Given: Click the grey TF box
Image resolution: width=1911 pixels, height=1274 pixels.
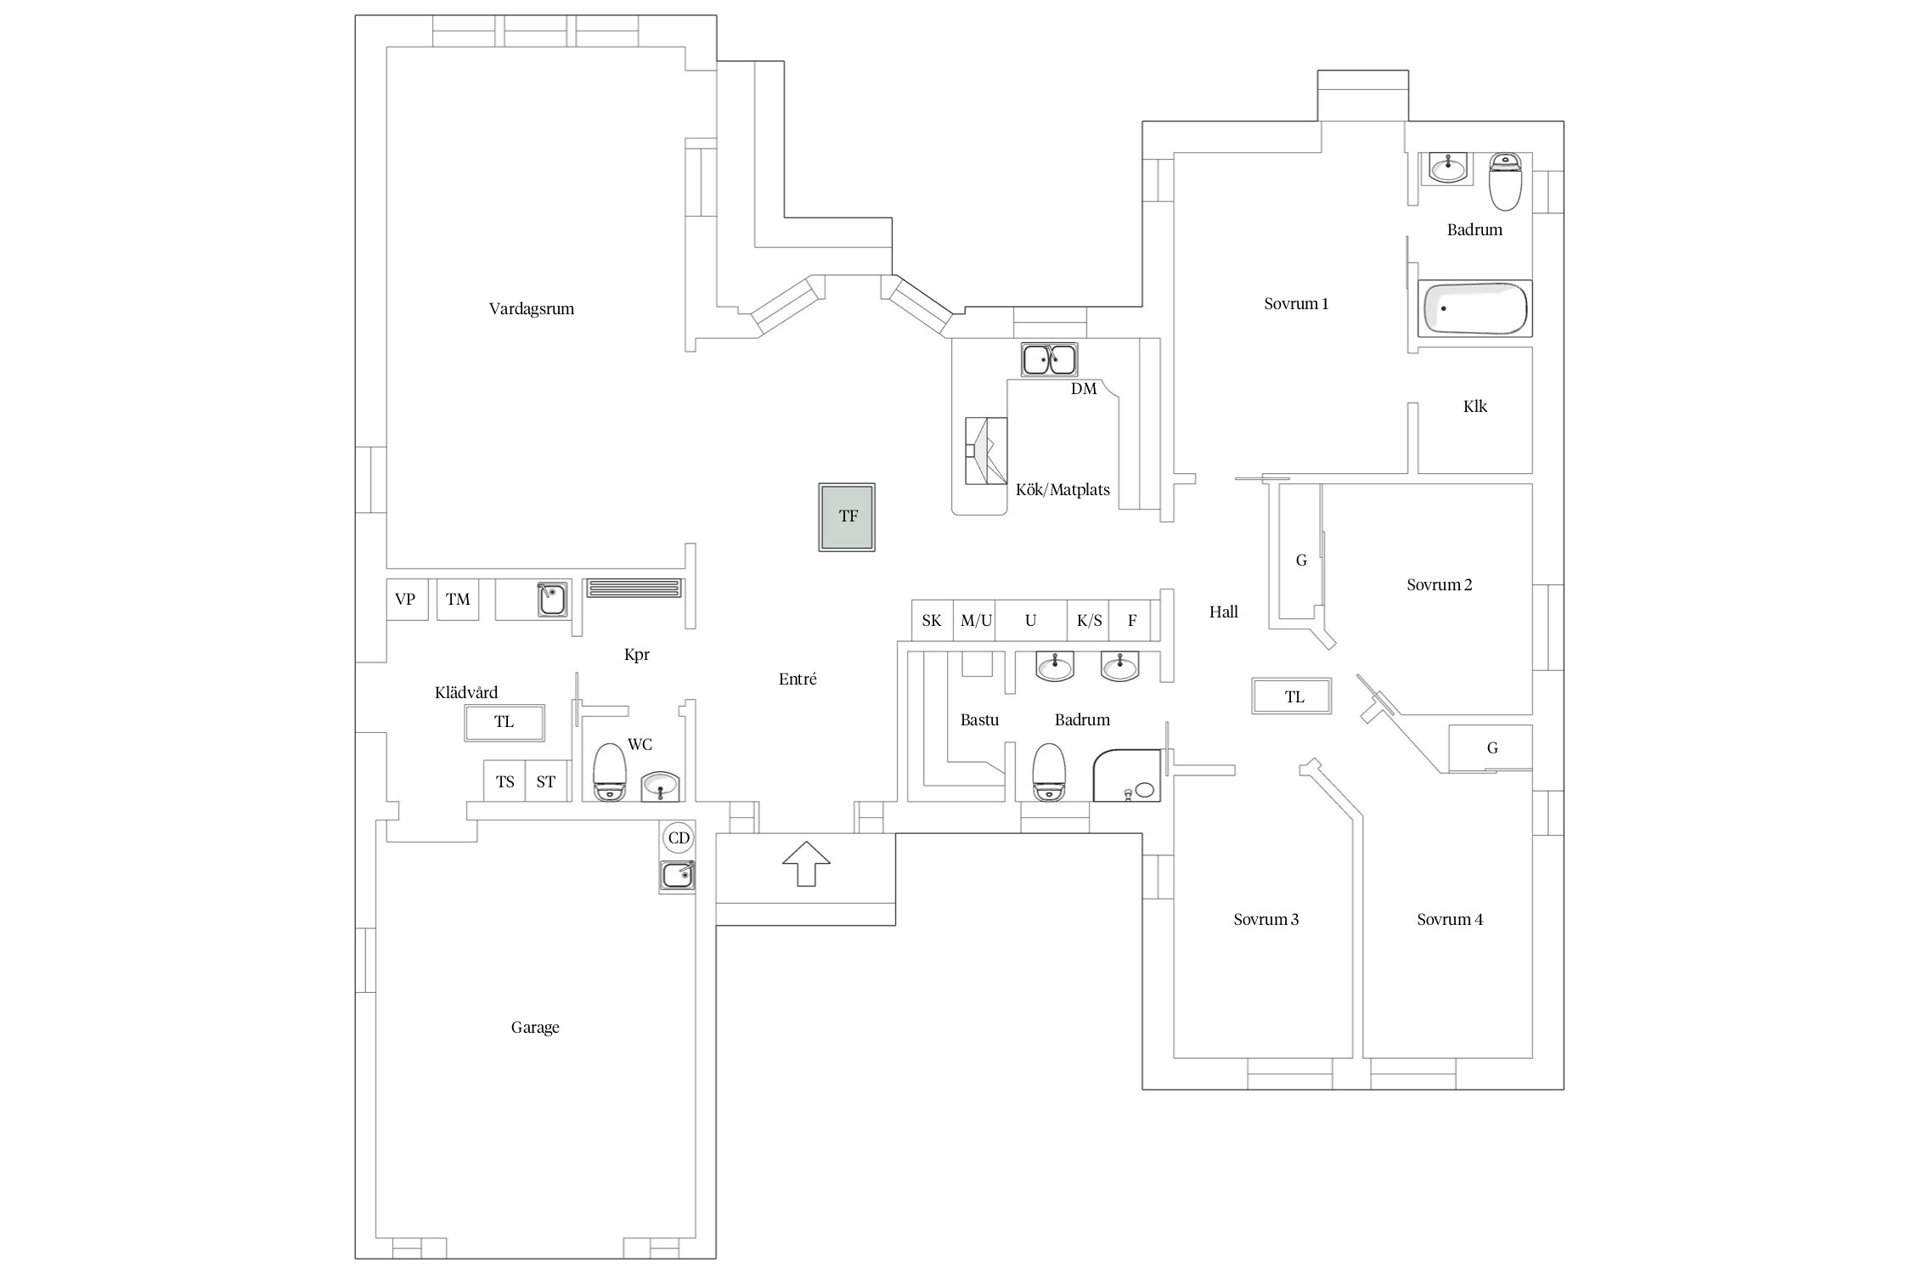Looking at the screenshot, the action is click(847, 517).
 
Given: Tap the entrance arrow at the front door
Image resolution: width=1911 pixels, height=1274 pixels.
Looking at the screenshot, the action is click(806, 863).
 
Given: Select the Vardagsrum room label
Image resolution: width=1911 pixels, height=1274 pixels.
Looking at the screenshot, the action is click(532, 309).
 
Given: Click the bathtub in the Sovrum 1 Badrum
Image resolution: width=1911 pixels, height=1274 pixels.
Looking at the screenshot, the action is click(1474, 308).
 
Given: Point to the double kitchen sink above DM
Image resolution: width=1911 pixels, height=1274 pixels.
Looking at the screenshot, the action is click(1049, 360).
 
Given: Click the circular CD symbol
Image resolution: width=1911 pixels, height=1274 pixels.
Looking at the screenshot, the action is click(679, 838).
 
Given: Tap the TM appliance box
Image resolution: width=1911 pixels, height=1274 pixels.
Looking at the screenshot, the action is click(458, 600).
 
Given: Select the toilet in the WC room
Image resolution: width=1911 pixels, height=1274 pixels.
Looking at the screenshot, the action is click(609, 772).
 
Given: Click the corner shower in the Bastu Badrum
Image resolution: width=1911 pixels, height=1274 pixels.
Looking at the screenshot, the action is click(1126, 775).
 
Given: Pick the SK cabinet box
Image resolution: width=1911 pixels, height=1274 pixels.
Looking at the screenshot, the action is click(932, 621).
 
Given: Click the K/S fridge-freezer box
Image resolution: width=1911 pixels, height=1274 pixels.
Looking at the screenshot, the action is click(1089, 621).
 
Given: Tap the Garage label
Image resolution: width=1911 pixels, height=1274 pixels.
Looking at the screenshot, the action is click(535, 1028).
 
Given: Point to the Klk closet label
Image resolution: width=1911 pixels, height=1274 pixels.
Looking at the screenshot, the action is click(1475, 407).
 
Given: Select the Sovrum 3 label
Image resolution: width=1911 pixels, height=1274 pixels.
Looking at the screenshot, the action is click(1266, 920).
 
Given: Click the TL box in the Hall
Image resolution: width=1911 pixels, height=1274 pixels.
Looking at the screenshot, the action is click(1292, 696).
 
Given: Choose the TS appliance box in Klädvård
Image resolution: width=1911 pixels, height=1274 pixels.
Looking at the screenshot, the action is click(505, 781).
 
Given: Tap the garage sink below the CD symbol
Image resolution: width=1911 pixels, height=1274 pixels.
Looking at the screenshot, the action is click(678, 875).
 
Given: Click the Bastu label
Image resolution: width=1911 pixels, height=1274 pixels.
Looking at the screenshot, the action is click(979, 720).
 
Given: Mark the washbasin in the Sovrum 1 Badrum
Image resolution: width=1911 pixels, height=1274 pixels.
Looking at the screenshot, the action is click(1447, 168).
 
